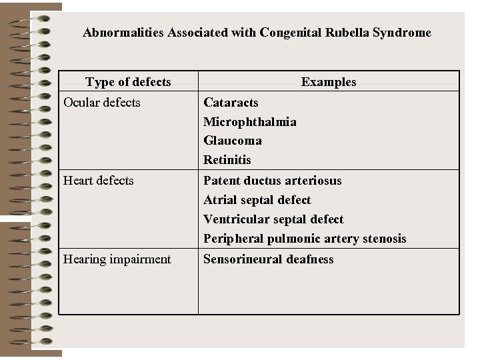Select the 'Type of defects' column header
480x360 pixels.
coord(128,82)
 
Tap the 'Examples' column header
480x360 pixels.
coord(329,82)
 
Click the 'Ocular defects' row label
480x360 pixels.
coord(101,102)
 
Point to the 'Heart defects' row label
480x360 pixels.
coord(98,180)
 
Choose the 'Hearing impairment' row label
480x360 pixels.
coord(117,259)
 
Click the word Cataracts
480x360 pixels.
coord(231,102)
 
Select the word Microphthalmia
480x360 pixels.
coord(250,121)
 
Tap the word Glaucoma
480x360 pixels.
coord(233,141)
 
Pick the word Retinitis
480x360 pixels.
coord(227,160)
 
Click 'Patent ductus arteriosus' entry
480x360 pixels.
coord(272,180)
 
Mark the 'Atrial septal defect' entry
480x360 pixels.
coord(257,199)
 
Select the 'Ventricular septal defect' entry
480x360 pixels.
coord(273,219)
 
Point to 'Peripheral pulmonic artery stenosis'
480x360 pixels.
coord(305,238)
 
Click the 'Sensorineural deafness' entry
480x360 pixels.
coord(268,259)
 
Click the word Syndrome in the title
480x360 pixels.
coord(403,32)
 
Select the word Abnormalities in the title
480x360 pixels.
coord(119,32)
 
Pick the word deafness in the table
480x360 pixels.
coord(309,259)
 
